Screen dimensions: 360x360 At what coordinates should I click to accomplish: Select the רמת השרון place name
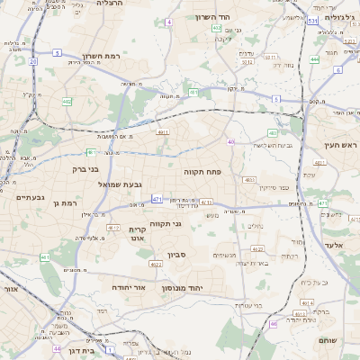(100, 57)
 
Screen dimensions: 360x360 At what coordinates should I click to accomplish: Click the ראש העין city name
(340, 144)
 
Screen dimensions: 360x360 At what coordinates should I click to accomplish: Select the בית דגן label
(80, 351)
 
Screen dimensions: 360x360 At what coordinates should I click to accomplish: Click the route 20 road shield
(32, 61)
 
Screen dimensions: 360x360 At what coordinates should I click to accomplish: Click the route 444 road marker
(315, 60)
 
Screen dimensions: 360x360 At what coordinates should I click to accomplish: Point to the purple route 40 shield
(231, 141)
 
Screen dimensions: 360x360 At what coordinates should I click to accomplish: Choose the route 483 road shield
(248, 180)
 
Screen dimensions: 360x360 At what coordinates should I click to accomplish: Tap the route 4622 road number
(155, 265)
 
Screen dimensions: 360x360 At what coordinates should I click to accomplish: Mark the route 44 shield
(57, 348)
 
